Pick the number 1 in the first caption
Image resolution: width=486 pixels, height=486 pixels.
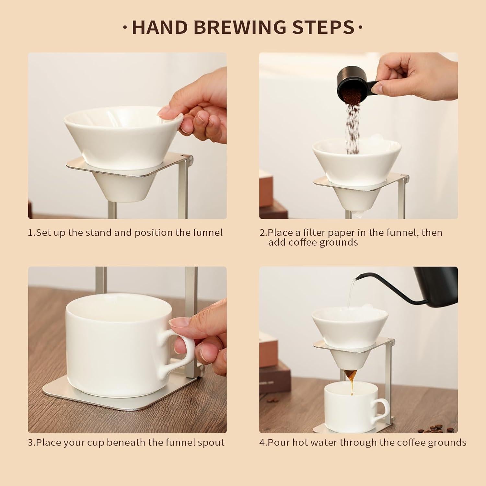point(31,233)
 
